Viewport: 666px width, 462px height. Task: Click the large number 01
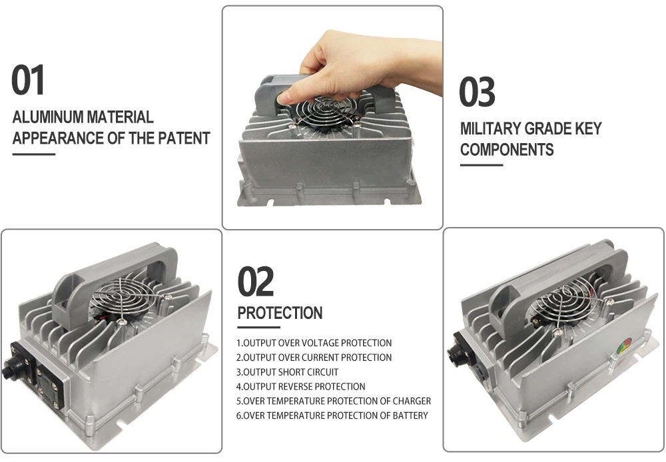coord(28,80)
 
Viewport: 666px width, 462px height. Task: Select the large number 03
coord(477,92)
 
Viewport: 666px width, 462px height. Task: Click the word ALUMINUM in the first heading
coord(48,117)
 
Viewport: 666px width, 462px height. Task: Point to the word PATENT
coord(184,138)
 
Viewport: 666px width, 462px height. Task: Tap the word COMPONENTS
coord(507,150)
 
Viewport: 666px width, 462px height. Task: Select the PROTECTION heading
coord(280,314)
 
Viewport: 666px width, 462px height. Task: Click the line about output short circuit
coord(288,372)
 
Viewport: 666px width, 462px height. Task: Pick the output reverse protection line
coord(301,387)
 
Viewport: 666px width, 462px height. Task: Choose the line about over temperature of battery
coord(332,415)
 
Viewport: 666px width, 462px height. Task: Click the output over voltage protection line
coord(314,343)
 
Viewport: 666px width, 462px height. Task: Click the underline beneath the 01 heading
coord(34,154)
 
